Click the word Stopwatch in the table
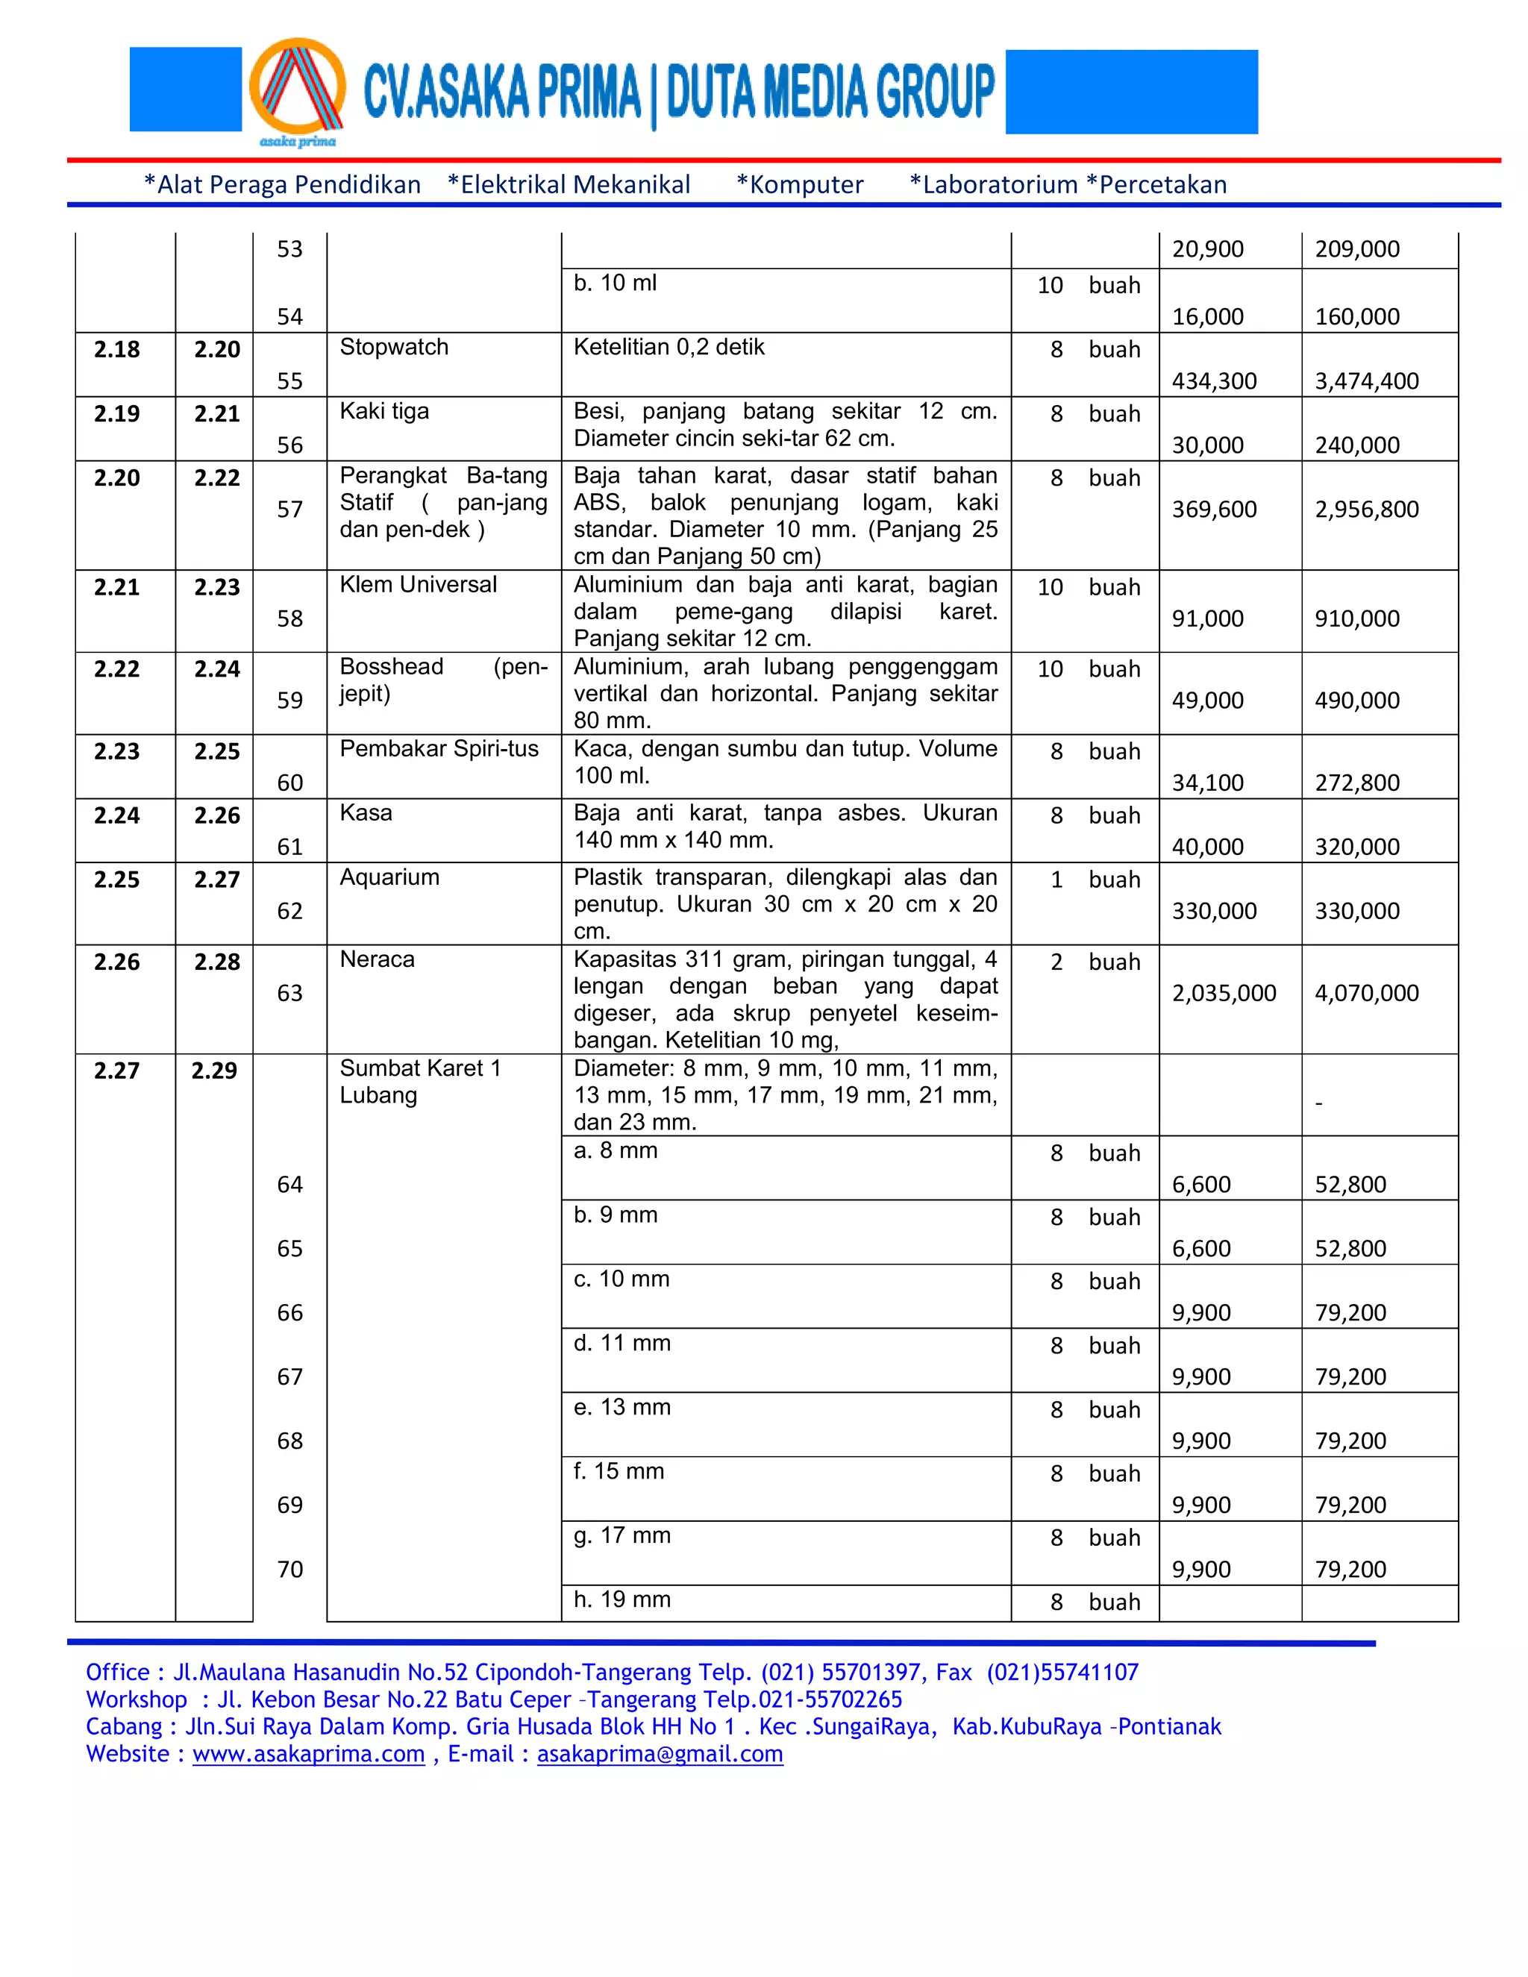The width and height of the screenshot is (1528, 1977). [394, 347]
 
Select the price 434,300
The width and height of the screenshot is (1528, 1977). [1214, 381]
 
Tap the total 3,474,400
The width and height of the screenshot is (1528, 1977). [1366, 381]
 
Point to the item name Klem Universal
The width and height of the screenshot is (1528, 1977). [419, 585]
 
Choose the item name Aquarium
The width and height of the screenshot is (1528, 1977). [389, 877]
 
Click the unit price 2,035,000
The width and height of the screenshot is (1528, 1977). [1224, 993]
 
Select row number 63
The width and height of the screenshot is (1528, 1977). [289, 993]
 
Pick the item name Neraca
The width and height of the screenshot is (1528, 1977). [377, 959]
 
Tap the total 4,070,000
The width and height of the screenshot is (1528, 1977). [1366, 993]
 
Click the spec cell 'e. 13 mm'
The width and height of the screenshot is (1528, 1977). [622, 1408]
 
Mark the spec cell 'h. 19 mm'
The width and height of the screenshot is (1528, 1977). [622, 1600]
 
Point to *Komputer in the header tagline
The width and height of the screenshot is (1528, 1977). [801, 185]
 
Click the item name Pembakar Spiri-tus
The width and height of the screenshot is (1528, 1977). [439, 748]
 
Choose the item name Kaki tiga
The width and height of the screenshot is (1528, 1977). [383, 411]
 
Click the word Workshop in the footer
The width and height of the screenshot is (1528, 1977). [136, 1700]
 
